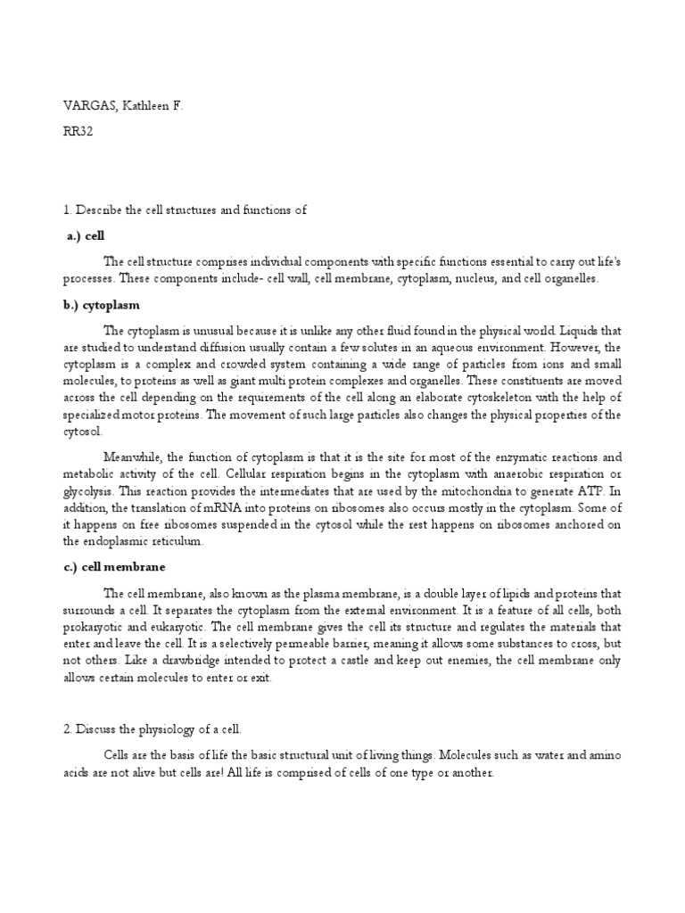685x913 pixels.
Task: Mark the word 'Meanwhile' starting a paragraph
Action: (133, 457)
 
